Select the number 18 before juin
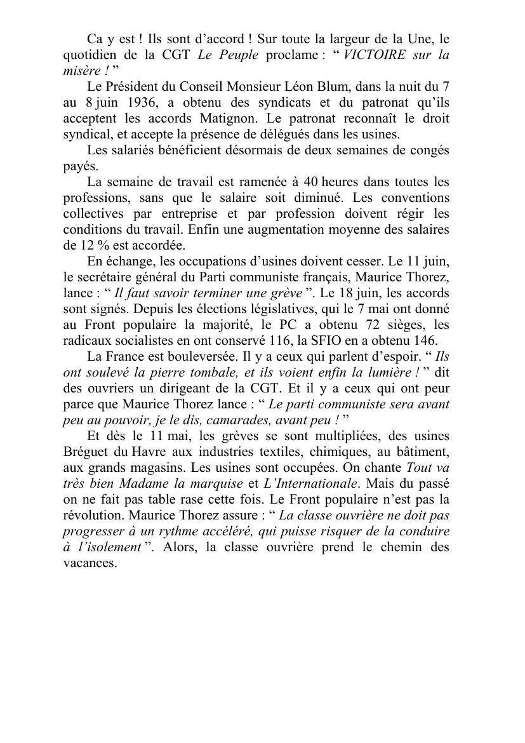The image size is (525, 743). click(x=347, y=293)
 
